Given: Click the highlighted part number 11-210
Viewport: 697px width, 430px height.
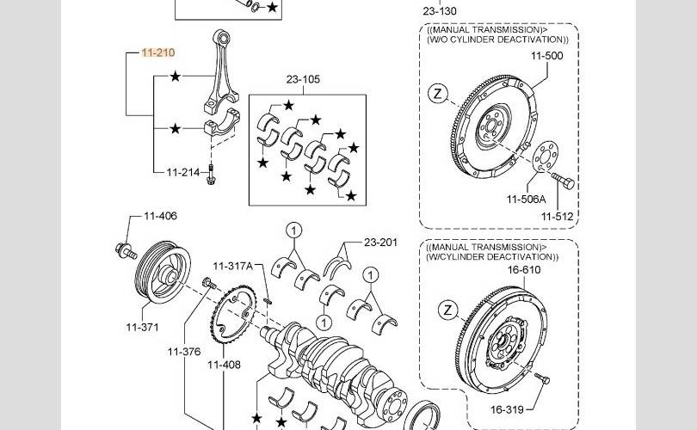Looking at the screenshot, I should point(158,53).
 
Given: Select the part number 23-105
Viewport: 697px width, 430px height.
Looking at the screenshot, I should point(303,80).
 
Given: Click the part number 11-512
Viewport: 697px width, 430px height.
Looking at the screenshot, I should point(556,217).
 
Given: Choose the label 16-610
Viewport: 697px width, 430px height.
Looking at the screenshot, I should point(524,269).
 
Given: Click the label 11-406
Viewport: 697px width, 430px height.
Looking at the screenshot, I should point(160,216).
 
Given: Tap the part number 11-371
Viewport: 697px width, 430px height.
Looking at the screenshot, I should point(143,327).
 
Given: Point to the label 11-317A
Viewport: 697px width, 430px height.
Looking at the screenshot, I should point(232,267).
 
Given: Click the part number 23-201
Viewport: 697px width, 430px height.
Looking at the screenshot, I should point(380,243).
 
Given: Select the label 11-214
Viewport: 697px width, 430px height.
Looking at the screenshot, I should point(182,173).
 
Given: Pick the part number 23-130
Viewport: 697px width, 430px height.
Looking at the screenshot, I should point(440,11).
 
